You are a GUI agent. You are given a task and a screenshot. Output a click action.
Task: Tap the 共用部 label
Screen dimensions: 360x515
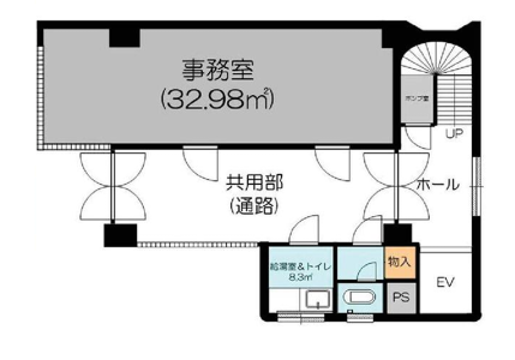coord(254,184)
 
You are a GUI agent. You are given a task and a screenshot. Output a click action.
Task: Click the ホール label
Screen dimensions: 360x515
coord(438,185)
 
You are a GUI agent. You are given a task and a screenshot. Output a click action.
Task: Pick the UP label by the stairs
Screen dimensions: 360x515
coord(454,133)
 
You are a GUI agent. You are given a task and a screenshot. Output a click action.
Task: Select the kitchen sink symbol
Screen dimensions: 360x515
coord(317,300)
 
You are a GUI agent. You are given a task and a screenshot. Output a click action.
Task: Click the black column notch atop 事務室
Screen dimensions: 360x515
coord(124,38)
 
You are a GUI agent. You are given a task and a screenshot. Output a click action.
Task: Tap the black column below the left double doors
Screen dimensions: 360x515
coord(120,235)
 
